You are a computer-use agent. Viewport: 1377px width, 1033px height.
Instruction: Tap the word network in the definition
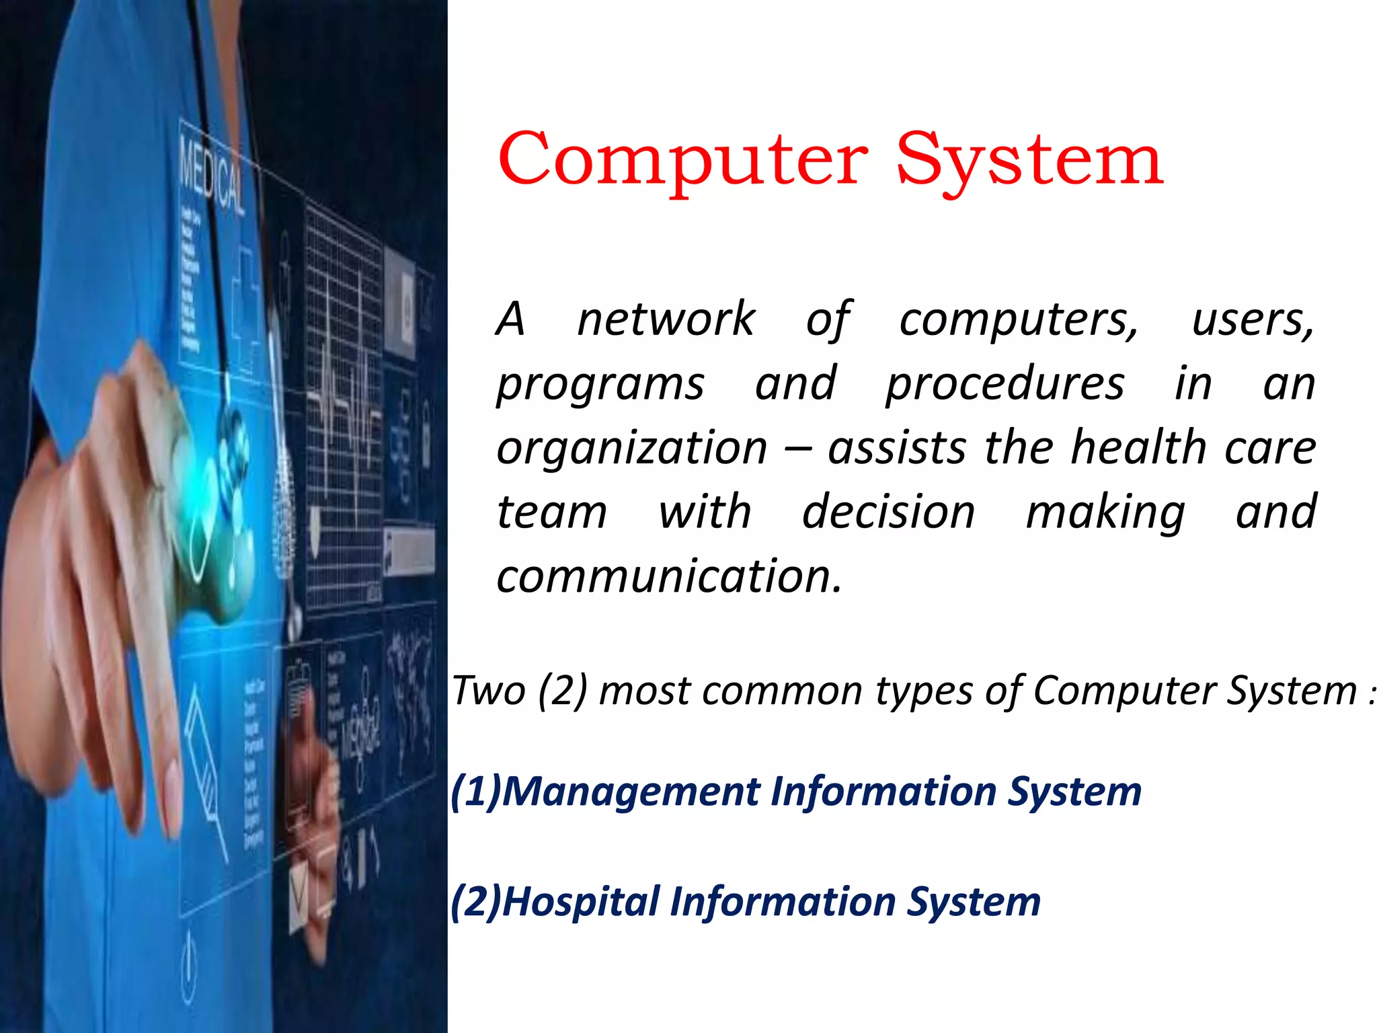point(666,319)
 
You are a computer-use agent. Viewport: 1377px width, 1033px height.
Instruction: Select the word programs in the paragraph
point(600,385)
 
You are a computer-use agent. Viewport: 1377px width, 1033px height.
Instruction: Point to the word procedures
point(1005,383)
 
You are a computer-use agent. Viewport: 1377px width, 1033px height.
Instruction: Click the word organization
point(632,448)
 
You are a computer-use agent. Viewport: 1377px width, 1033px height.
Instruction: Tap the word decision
point(888,512)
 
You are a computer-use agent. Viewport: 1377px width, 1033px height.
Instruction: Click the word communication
point(668,576)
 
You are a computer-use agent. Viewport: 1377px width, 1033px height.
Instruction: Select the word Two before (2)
point(489,691)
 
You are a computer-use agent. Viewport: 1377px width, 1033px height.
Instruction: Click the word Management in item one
point(631,792)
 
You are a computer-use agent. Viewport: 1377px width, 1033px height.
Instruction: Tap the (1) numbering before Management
point(476,792)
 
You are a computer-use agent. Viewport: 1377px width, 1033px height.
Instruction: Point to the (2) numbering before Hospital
point(476,902)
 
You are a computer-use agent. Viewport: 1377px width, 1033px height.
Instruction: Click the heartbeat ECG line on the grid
point(343,404)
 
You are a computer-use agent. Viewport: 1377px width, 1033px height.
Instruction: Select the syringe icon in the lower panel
point(205,773)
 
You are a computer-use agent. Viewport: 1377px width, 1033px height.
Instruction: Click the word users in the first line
point(1252,319)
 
